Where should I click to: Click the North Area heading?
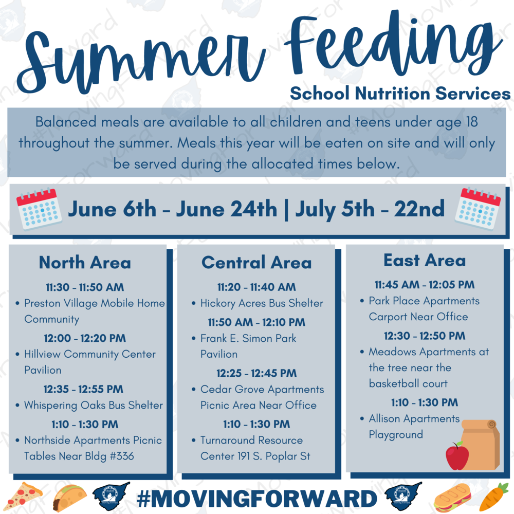(85, 263)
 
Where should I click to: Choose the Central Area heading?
(256, 263)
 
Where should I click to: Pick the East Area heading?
(425, 260)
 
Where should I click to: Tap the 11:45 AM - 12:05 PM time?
(425, 284)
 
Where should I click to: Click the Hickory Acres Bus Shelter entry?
(261, 303)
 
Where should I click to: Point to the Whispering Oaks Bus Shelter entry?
(93, 405)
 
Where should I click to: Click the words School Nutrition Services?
(400, 94)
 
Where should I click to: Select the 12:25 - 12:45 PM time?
(256, 373)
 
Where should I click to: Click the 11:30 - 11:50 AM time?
(85, 287)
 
